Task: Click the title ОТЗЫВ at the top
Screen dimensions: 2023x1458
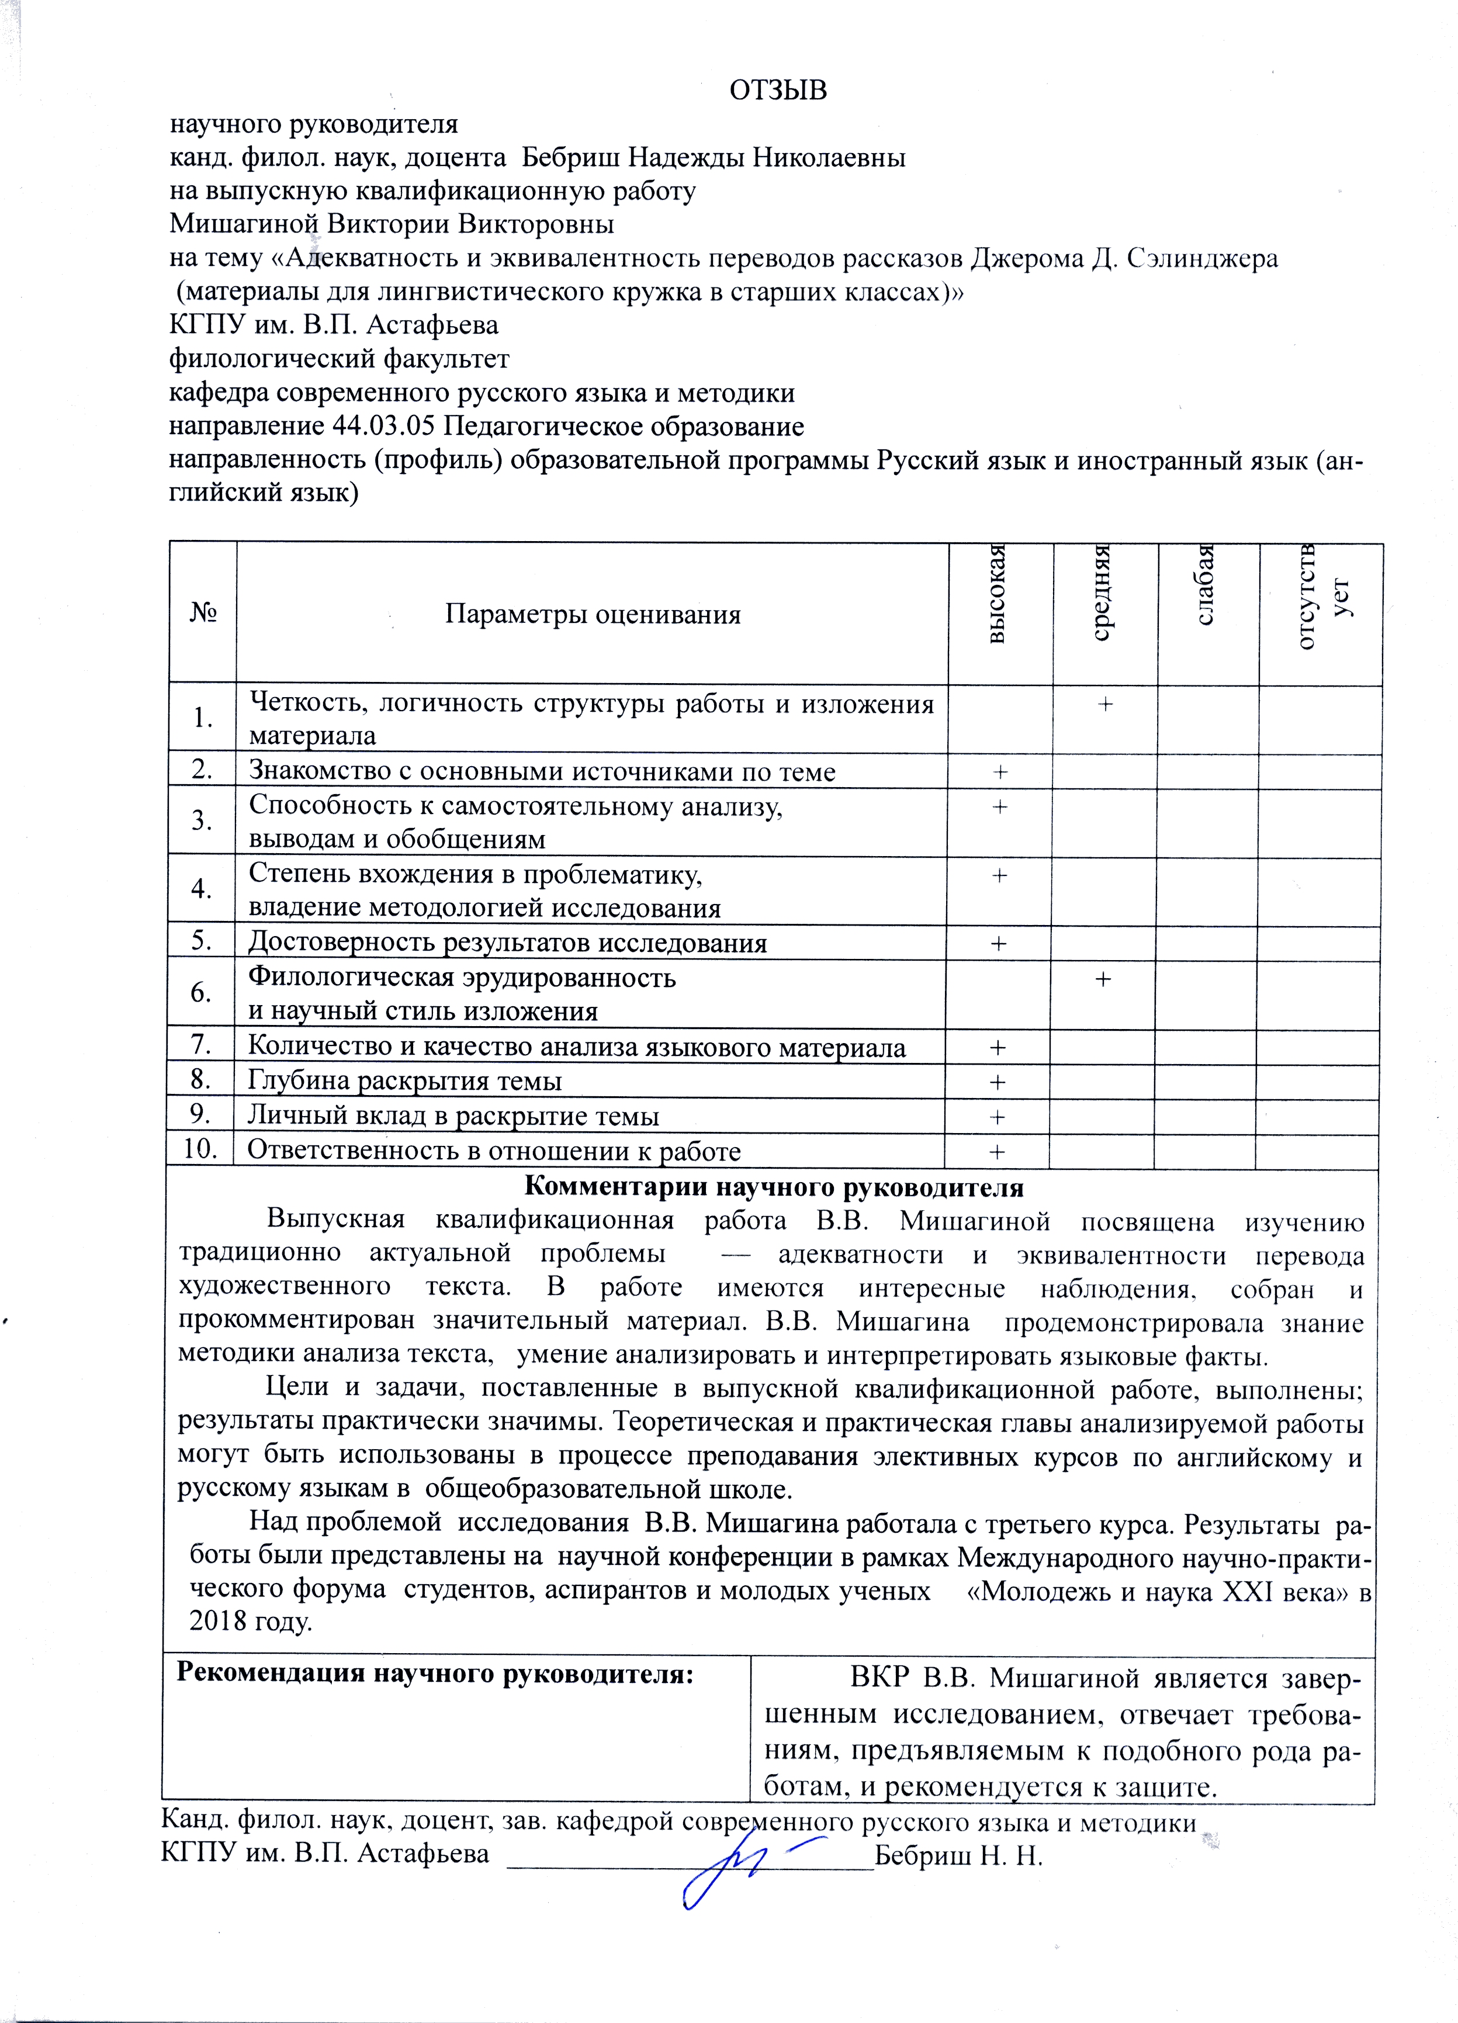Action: (778, 90)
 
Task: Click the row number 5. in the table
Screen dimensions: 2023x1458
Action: (202, 940)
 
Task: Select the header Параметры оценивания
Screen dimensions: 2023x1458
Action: (592, 615)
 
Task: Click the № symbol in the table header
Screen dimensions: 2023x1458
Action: (203, 614)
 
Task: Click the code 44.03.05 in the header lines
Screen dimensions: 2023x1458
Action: (383, 427)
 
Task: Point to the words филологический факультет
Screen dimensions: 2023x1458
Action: (339, 359)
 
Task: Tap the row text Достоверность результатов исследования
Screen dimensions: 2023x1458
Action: (507, 943)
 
